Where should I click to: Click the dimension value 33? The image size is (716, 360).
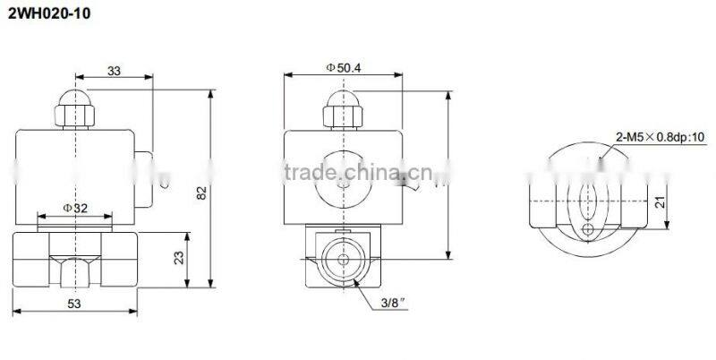click(x=115, y=71)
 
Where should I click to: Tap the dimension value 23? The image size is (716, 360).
click(x=177, y=260)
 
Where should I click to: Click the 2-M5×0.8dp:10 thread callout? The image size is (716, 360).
click(x=661, y=137)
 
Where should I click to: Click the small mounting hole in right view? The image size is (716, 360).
click(x=586, y=230)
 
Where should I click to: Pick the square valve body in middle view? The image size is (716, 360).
click(x=343, y=260)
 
